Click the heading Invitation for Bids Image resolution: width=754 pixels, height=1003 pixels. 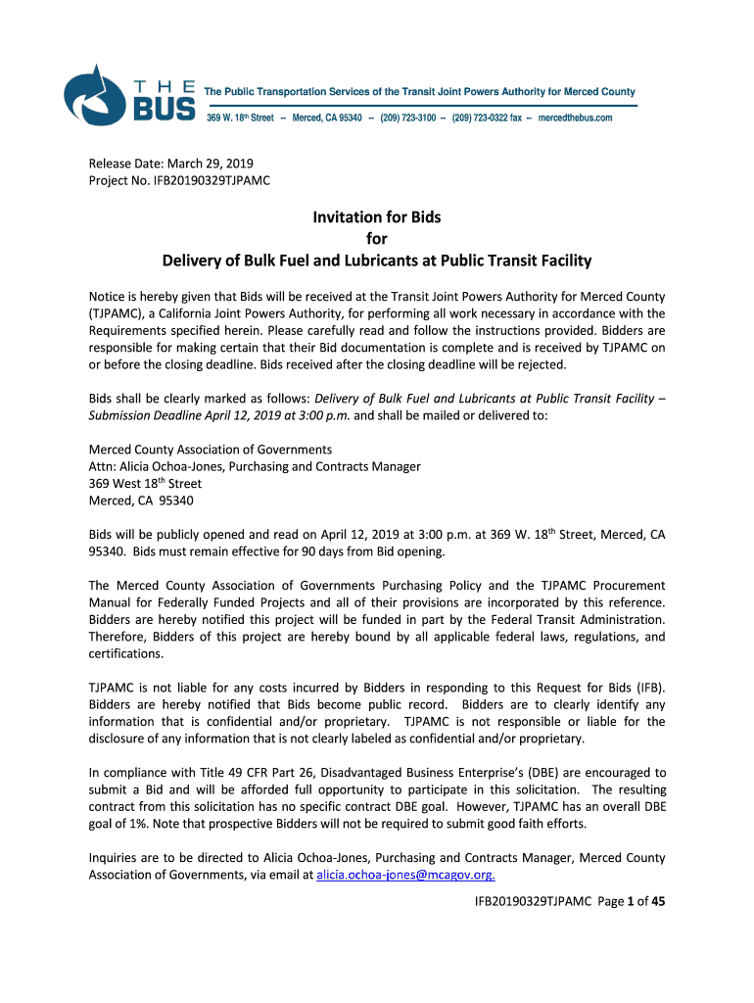pos(377,216)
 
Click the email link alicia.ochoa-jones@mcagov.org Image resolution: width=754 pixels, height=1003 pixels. pos(405,875)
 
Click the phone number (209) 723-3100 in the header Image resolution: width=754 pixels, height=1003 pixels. pos(409,118)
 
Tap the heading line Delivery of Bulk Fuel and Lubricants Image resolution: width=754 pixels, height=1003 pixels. pos(377,261)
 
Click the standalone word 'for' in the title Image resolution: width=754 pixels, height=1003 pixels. pos(377,239)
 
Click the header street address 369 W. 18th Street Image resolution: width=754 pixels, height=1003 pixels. pos(240,118)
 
